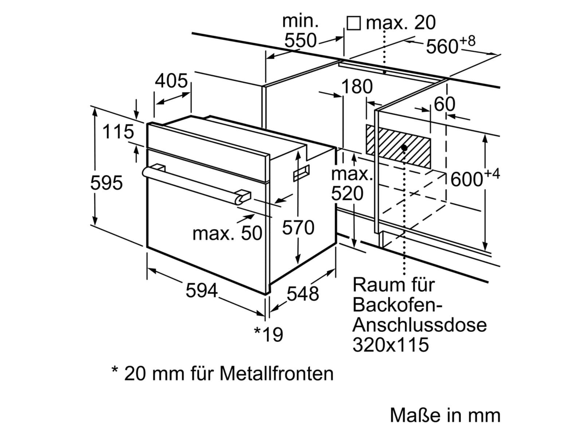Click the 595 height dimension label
pos(106,183)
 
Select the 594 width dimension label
pos(201,291)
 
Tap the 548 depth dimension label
pos(303,294)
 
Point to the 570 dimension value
pos(298,228)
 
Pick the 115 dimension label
pos(118,132)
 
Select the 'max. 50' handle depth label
pos(227,233)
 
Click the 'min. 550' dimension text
pos(301,31)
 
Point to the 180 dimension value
pos(357,87)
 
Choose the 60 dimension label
pos(445,105)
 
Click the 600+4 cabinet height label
pos(474,178)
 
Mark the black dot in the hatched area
pos(404,148)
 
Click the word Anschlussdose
pos(419,324)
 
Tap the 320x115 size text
pos(390,345)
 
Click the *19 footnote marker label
pos(269,334)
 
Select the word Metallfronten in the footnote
pos(277,373)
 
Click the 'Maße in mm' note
pos(445,416)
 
